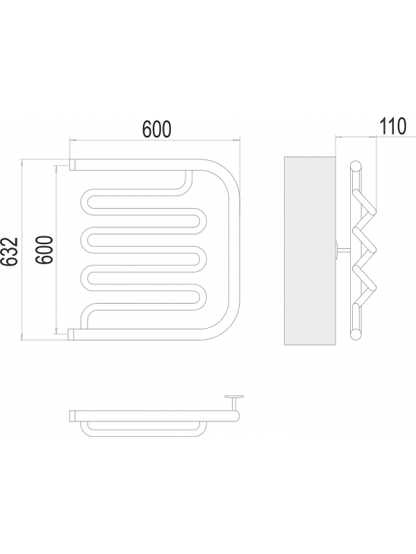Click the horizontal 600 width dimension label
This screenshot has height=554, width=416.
pos(157,129)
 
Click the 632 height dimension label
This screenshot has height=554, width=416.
pos(10,251)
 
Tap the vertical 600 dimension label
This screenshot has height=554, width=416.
pos(45,250)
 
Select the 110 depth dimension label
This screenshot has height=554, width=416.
pos(393,126)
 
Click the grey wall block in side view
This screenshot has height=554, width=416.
pos(310,250)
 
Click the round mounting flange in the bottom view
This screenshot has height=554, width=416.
pos(234,397)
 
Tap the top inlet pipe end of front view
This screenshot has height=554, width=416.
pos(72,164)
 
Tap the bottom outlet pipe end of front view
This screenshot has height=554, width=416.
pos(71,334)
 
